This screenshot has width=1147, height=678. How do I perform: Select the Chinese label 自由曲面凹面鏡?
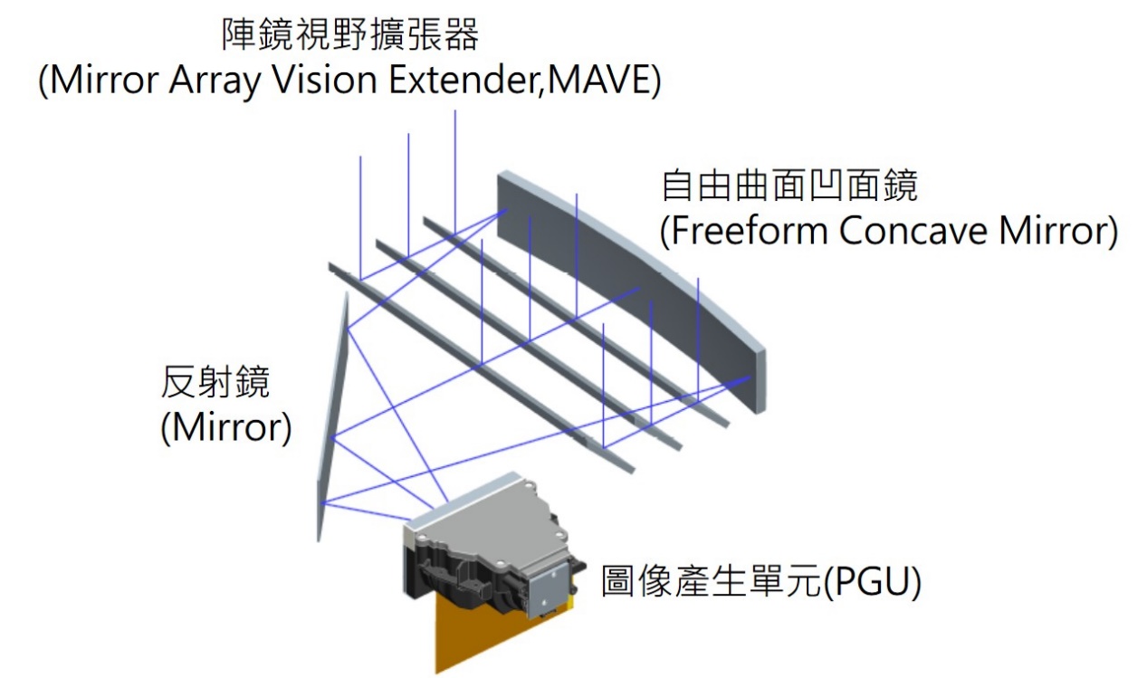click(x=789, y=186)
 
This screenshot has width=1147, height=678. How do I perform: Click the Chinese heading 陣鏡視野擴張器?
click(x=350, y=36)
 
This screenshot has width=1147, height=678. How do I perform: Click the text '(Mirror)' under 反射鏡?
click(x=225, y=427)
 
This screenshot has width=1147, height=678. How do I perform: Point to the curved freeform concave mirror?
click(x=634, y=272)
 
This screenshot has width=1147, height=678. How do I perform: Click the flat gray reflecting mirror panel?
click(x=332, y=416)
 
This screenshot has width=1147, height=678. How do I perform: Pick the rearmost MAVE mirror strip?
click(x=579, y=326)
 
